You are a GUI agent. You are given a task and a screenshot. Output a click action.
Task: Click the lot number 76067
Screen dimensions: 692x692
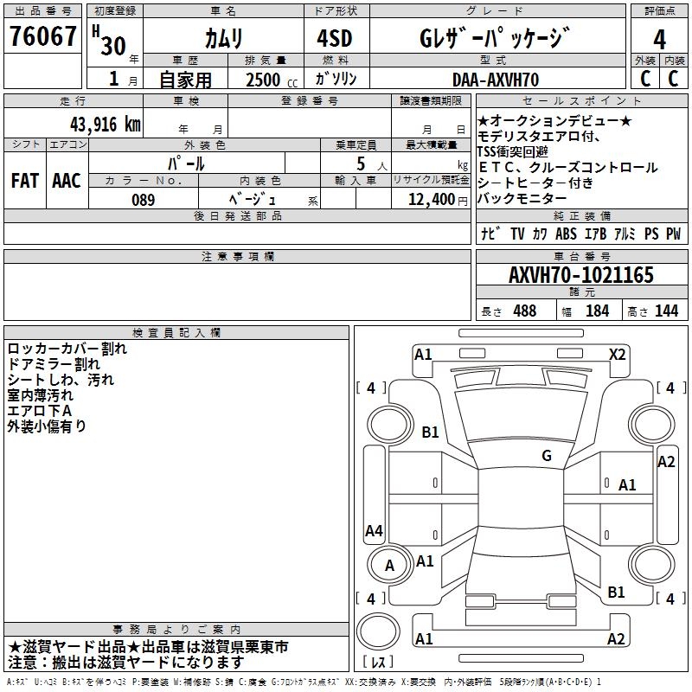pyautogui.click(x=42, y=37)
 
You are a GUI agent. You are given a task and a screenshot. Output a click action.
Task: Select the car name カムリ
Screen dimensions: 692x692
pyautogui.click(x=223, y=39)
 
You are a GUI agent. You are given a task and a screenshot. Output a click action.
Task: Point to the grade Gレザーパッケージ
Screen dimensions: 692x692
pyautogui.click(x=495, y=39)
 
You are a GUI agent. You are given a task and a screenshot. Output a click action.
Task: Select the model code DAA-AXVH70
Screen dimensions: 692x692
pyautogui.click(x=496, y=80)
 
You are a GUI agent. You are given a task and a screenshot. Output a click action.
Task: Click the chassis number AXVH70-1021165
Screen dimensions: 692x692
pyautogui.click(x=580, y=275)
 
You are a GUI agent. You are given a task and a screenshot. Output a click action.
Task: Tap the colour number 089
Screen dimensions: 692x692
pyautogui.click(x=143, y=200)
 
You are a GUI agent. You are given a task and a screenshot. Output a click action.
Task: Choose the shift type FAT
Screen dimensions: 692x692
pyautogui.click(x=24, y=181)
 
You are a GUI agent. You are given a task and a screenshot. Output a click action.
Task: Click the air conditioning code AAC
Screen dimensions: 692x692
pyautogui.click(x=67, y=181)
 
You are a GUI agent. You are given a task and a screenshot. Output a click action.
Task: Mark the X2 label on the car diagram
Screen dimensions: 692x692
pyautogui.click(x=617, y=354)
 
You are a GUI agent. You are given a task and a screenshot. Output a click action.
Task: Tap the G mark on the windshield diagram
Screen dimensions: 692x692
pyautogui.click(x=546, y=456)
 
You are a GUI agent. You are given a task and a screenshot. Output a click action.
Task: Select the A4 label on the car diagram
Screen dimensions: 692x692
pyautogui.click(x=374, y=531)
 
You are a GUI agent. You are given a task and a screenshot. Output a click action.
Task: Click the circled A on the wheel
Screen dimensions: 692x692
pyautogui.click(x=389, y=566)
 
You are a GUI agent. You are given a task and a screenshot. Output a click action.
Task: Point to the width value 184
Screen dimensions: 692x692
pyautogui.click(x=598, y=311)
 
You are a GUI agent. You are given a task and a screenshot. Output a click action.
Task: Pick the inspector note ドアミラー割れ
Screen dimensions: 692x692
pyautogui.click(x=54, y=364)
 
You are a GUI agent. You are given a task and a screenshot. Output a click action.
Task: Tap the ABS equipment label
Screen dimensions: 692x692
pyautogui.click(x=566, y=234)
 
